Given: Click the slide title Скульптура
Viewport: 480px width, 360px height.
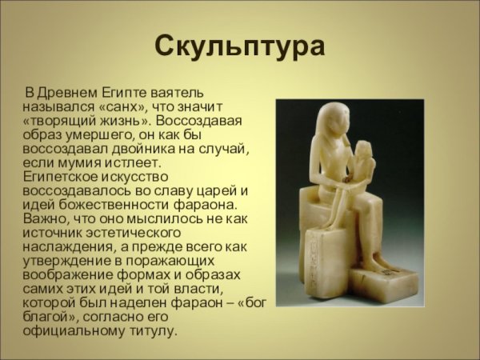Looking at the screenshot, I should (239, 46).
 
